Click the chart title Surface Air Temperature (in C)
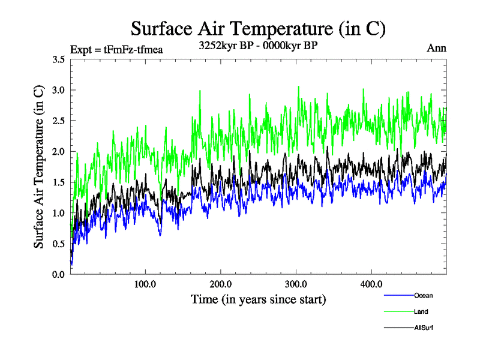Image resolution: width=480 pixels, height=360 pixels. (x=257, y=28)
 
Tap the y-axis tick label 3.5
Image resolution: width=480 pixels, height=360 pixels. (x=59, y=59)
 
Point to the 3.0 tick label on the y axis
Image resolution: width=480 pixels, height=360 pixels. (x=59, y=90)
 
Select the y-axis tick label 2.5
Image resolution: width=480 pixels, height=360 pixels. (x=59, y=121)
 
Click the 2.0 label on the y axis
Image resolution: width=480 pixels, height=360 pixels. (x=59, y=151)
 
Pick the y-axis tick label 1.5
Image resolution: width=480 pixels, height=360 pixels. (x=59, y=182)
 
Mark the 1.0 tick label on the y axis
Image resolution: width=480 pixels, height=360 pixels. (x=59, y=213)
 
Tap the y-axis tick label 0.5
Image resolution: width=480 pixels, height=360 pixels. (x=59, y=244)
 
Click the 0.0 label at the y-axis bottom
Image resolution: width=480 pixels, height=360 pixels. (x=59, y=274)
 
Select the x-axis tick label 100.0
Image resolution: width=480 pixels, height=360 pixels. (x=145, y=284)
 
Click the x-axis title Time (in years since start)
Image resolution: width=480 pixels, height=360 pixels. (x=258, y=299)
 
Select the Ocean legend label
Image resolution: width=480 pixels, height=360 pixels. (x=423, y=295)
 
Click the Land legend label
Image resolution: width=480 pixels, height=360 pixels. (x=421, y=311)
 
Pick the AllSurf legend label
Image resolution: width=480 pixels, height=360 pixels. (x=423, y=328)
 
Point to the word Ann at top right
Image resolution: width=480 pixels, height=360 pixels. (x=436, y=48)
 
